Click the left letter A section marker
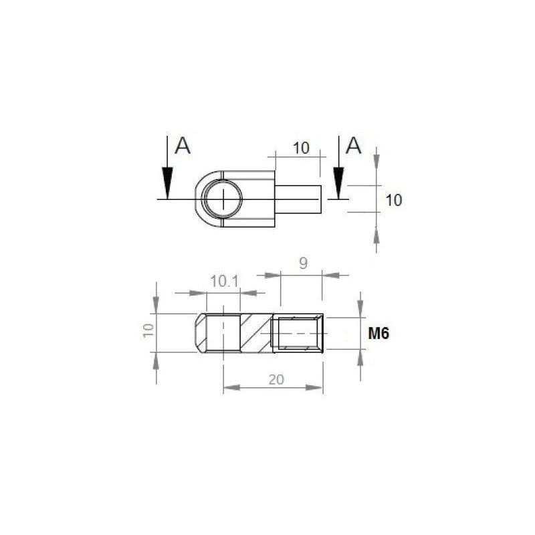tap(183, 145)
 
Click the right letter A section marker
tap(354, 145)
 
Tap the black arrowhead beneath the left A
tap(167, 182)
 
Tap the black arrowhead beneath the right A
tap(338, 182)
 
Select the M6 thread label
tap(379, 334)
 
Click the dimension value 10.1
tap(224, 282)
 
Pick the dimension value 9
tap(302, 264)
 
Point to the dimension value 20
tap(276, 379)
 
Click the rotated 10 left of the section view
tap(148, 331)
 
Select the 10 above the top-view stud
tap(302, 148)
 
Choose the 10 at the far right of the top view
tap(395, 199)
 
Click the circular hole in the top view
tap(223, 199)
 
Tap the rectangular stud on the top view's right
tap(298, 199)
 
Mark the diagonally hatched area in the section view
tap(255, 332)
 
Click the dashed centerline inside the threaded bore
tap(298, 333)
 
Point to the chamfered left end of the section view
tap(200, 332)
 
